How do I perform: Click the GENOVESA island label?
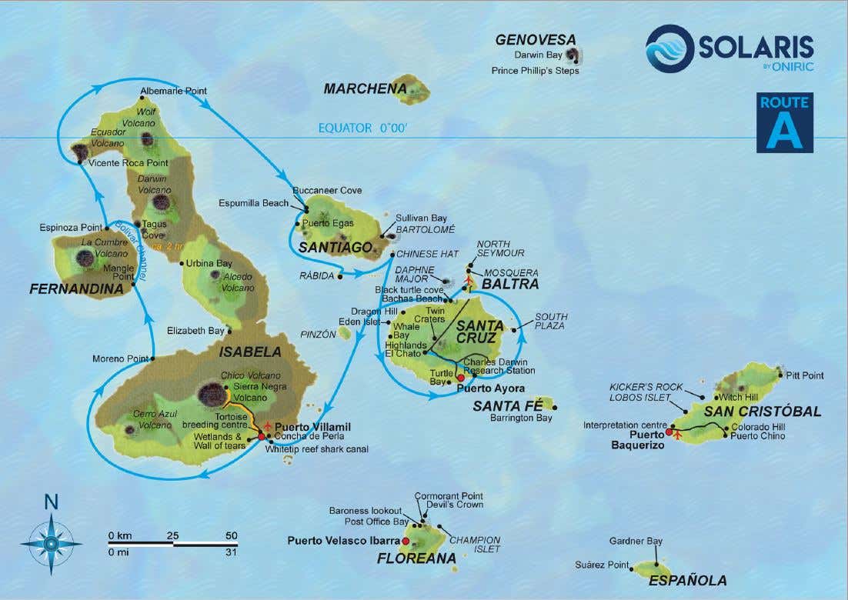[x=535, y=39]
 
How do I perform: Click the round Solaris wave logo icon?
[x=669, y=48]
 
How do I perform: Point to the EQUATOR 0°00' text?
[x=362, y=128]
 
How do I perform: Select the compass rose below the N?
[x=51, y=544]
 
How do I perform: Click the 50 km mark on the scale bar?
[x=230, y=535]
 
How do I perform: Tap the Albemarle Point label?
[x=174, y=92]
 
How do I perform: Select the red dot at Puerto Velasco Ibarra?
[x=406, y=541]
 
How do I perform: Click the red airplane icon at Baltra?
[x=469, y=281]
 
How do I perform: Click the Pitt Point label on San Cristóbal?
[x=805, y=375]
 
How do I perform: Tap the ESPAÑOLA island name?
[x=687, y=581]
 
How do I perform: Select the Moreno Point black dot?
[x=153, y=358]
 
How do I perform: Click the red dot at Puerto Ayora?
[x=461, y=378]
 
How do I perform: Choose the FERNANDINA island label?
[x=76, y=289]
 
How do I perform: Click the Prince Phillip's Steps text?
[x=535, y=71]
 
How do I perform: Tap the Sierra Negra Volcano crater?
[x=211, y=395]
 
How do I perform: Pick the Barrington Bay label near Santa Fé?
[x=521, y=419]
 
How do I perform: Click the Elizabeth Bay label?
[x=195, y=331]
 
